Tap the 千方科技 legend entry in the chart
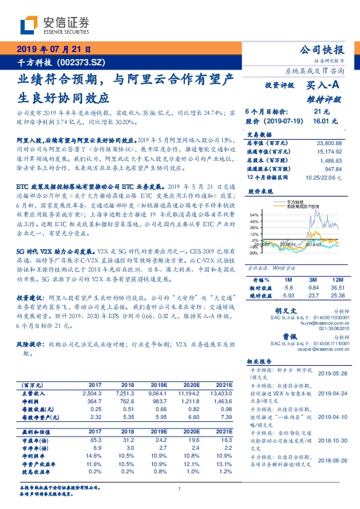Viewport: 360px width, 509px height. pos(296,203)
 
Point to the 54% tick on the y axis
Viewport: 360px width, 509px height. pos(254,215)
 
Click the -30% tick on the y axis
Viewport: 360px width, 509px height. pos(253,253)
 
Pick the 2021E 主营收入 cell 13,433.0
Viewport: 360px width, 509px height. pos(221,392)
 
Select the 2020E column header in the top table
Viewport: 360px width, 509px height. pos(190,384)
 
